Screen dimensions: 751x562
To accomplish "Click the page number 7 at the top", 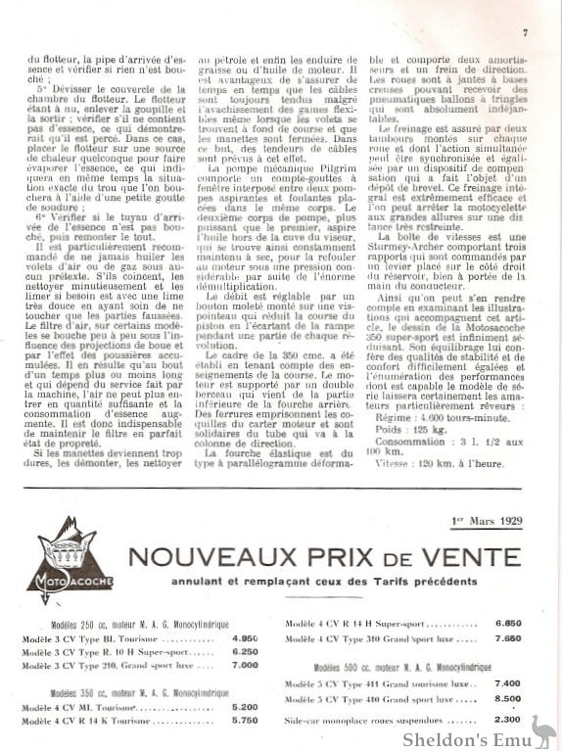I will pyautogui.click(x=526, y=32).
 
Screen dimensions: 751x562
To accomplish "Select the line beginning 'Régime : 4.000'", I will pyautogui.click(x=427, y=444).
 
